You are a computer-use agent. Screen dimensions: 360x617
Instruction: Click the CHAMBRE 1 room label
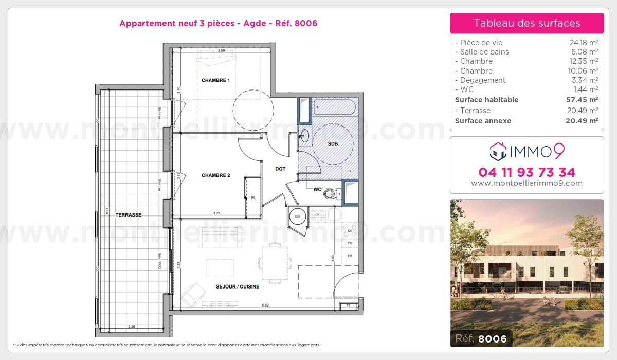pos(215,80)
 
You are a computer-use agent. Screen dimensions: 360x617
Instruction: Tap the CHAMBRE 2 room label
pos(215,175)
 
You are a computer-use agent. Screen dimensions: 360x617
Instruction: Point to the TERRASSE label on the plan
pos(128,215)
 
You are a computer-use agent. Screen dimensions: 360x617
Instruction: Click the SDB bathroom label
pos(333,144)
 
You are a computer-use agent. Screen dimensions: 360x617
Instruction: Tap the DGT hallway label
pos(280,169)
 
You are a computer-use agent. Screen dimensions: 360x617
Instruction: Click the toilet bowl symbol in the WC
pos(331,194)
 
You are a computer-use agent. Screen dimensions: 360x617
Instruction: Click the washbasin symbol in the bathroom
pos(304,136)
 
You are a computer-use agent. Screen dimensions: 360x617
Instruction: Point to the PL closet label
pos(253,197)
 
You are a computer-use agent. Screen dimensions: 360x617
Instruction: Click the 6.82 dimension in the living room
pos(266,305)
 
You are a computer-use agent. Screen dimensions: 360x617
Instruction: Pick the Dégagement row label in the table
pos(483,80)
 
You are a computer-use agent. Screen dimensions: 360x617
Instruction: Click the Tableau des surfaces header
pos(527,23)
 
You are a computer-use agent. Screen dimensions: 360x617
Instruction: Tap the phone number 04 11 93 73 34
pos(527,172)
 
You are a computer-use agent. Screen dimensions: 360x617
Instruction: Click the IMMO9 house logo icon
pos(497,151)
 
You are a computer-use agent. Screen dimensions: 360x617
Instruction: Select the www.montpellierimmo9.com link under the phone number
pos(527,183)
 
